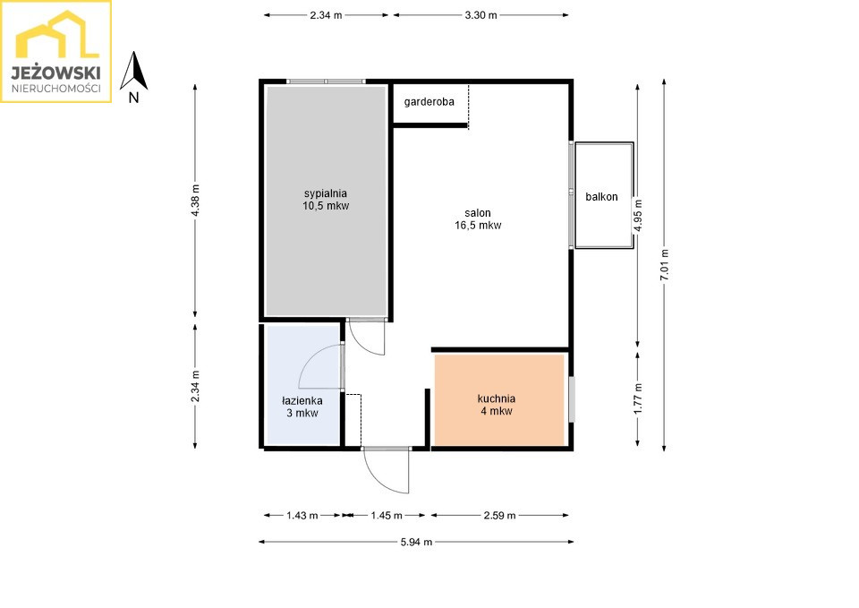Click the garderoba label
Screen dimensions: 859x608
click(429, 102)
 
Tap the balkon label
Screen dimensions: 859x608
click(601, 197)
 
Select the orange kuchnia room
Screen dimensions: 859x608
click(499, 400)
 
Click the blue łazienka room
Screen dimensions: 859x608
click(302, 384)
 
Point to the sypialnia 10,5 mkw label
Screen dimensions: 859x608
click(326, 200)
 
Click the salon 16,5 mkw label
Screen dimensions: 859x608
click(478, 218)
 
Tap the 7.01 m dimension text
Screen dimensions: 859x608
click(665, 265)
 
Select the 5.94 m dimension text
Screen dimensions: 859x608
click(416, 543)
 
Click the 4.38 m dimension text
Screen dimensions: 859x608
click(196, 200)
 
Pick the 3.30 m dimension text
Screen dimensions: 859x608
click(481, 15)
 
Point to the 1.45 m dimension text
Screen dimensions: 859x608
click(387, 516)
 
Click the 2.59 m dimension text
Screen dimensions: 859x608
click(499, 516)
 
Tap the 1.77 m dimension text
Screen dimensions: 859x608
click(638, 398)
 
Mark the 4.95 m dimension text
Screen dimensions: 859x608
click(638, 216)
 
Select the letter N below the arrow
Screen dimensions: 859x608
click(133, 98)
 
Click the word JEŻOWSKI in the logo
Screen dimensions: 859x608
click(55, 73)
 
